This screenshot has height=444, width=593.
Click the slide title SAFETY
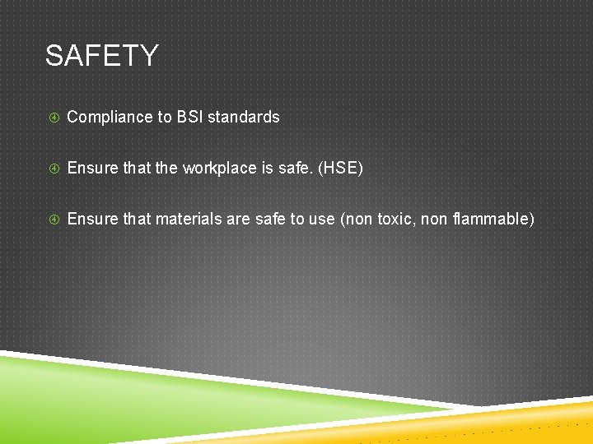[101, 56]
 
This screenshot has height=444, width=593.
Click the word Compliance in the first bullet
[106, 118]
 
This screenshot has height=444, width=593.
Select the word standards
[244, 117]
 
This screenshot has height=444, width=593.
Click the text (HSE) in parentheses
[340, 169]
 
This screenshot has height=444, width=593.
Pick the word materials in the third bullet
[185, 220]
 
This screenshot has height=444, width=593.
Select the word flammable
[493, 220]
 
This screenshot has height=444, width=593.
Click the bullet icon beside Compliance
[53, 118]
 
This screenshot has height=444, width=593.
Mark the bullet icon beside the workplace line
[53, 169]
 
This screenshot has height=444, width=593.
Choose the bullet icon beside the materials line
[53, 220]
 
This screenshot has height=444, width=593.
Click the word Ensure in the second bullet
[92, 169]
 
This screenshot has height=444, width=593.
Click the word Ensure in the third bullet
[92, 220]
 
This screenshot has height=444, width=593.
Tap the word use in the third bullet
[320, 220]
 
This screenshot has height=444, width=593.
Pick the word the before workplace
[166, 169]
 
